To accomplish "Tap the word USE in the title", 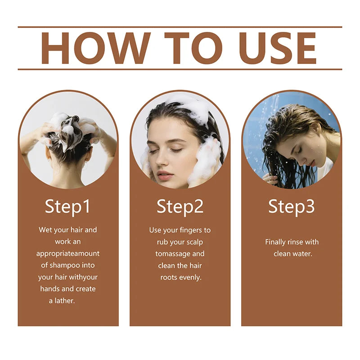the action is [x=278, y=48].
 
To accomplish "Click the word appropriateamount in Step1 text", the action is [x=68, y=254].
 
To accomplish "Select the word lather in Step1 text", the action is [x=65, y=301].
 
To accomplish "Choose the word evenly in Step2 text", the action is [x=190, y=278].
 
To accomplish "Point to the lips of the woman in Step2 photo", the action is [x=165, y=174].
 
